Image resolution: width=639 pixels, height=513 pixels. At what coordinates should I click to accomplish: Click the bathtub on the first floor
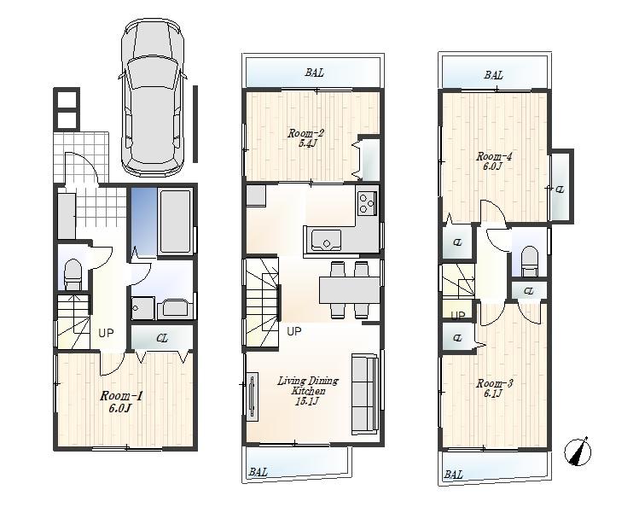(x=176, y=220)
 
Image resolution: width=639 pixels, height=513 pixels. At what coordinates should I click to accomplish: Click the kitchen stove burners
(x=367, y=204)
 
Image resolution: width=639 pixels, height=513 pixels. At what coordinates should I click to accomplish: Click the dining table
(x=348, y=289)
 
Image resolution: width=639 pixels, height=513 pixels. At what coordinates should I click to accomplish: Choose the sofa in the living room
(x=364, y=393)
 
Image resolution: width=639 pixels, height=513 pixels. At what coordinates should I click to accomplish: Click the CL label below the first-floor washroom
(x=162, y=338)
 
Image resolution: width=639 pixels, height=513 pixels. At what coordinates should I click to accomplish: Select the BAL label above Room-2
(x=314, y=73)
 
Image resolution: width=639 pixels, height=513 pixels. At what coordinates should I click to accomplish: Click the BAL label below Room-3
(x=453, y=475)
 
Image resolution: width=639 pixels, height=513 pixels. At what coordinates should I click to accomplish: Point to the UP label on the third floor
(x=458, y=316)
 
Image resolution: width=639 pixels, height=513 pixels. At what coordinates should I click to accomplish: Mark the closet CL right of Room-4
(x=561, y=189)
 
